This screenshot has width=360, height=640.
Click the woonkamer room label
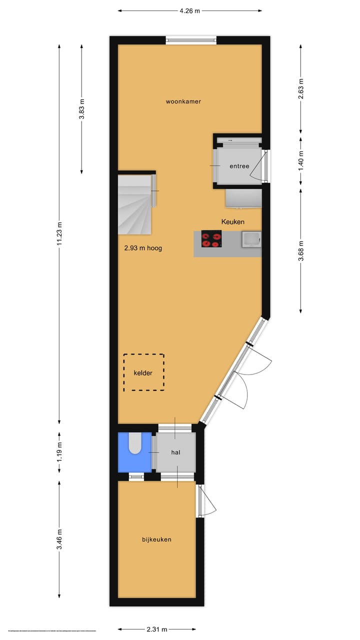click(183, 101)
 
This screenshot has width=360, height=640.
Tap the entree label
click(239, 166)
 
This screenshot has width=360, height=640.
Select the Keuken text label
click(233, 221)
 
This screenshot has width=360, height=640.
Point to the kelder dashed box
click(143, 372)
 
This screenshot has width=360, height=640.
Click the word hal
click(175, 452)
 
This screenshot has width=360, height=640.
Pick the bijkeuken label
click(157, 539)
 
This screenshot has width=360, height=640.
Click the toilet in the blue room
click(135, 443)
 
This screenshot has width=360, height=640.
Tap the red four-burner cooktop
click(211, 238)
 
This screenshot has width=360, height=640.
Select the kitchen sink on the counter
click(250, 239)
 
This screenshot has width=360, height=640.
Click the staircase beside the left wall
click(135, 204)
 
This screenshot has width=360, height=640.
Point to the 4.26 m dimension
click(190, 10)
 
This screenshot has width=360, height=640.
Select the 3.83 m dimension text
click(82, 108)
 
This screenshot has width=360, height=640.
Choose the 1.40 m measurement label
click(301, 161)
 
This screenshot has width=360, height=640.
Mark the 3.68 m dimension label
click(301, 250)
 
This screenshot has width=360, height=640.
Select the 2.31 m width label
click(157, 629)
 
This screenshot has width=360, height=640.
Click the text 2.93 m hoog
click(143, 248)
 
